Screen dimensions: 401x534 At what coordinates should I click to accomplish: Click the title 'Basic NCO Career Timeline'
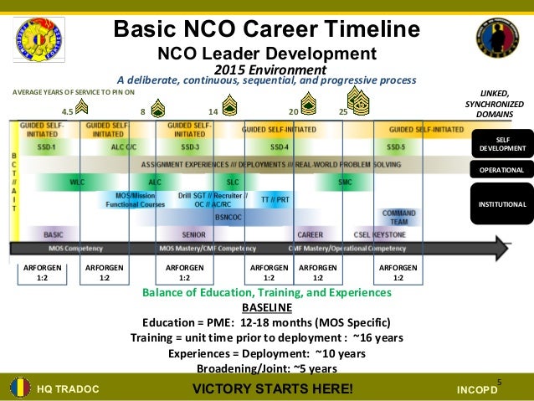coord(266,31)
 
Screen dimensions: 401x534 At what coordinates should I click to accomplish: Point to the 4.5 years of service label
coord(69,111)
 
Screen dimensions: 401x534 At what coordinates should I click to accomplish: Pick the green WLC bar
coord(77,181)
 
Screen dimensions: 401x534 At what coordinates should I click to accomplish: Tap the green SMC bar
coord(345,181)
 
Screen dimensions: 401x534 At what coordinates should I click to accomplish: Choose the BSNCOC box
coord(227,216)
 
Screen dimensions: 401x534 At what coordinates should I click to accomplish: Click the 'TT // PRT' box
coord(275,200)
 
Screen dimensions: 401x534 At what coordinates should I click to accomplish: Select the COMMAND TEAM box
coord(398,217)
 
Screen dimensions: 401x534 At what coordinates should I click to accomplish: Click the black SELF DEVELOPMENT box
coord(502,143)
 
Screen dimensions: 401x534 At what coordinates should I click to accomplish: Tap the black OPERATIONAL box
coord(502,171)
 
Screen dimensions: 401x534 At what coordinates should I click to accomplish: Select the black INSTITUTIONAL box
coord(502,204)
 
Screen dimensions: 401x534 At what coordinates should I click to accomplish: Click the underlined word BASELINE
coord(266,307)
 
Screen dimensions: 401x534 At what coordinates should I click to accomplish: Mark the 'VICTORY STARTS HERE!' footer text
coord(273,388)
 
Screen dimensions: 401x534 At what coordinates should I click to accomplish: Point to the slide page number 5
coord(500,382)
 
